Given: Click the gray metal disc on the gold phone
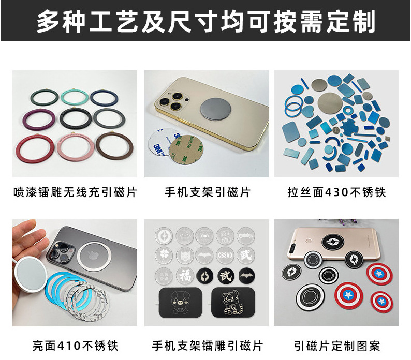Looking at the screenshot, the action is click(x=215, y=109).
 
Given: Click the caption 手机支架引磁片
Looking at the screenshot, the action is click(x=208, y=192).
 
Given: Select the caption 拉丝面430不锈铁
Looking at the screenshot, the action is click(x=336, y=192).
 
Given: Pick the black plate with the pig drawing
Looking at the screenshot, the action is click(x=181, y=303).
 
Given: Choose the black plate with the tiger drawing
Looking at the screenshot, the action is click(x=233, y=303).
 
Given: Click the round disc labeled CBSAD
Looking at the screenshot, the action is click(x=225, y=255).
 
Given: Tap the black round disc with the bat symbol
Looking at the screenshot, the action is click(x=246, y=276).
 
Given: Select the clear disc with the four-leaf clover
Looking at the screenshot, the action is click(x=164, y=256).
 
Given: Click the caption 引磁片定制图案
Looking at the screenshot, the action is click(x=337, y=346).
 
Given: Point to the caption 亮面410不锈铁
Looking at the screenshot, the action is click(x=75, y=346).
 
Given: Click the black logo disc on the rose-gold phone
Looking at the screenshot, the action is click(x=332, y=242).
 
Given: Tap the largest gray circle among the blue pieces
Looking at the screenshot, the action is click(x=330, y=104).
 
